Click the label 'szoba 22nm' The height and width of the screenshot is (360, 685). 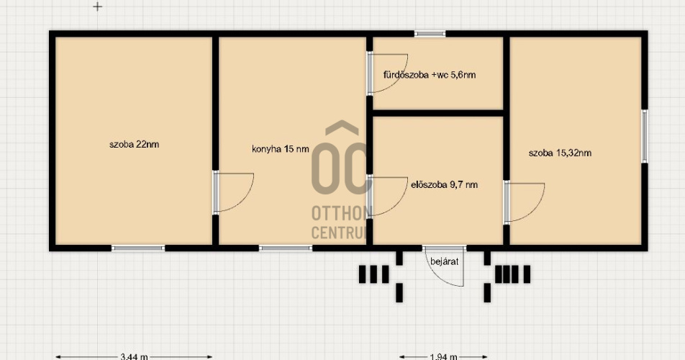134,144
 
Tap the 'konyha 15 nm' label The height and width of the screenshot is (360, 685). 281,149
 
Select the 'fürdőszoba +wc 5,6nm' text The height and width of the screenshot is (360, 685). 430,75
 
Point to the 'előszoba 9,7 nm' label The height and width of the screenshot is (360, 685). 444,184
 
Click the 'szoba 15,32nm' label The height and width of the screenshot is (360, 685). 560,153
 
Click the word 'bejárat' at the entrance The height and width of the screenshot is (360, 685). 444,261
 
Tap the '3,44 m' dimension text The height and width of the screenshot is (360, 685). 134,356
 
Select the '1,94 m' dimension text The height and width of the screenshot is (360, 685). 443,356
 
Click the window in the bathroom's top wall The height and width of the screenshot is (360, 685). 430,34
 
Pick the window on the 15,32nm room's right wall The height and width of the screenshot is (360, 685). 645,136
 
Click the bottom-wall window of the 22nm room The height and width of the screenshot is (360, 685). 138,248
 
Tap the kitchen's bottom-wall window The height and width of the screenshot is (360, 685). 286,248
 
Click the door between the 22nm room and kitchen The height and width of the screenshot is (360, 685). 233,192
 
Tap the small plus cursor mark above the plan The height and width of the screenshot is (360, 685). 97,6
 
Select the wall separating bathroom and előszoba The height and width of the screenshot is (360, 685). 437,113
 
